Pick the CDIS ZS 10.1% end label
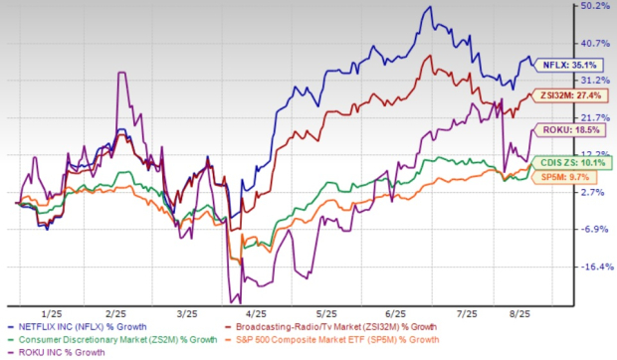[x=577, y=162]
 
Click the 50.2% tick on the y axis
[x=594, y=6]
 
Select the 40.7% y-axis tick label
[x=594, y=43]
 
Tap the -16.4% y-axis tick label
[x=594, y=267]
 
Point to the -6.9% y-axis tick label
[x=594, y=230]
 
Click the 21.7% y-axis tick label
[x=594, y=117]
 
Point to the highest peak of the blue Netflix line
[x=429, y=8]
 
